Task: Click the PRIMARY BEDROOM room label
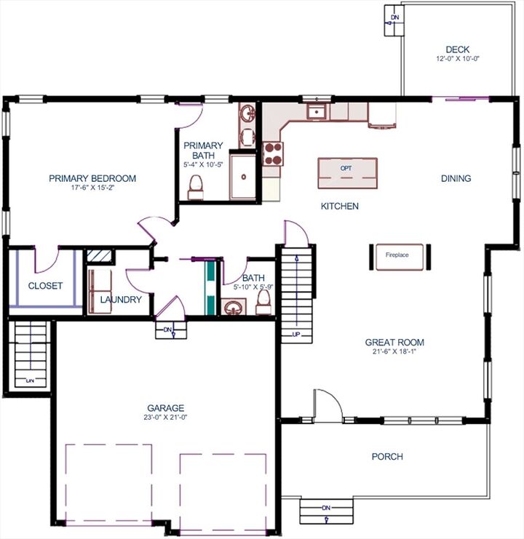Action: tap(92, 178)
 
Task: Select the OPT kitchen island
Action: tap(347, 172)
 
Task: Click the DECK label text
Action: tap(458, 49)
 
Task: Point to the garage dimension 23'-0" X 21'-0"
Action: tap(165, 418)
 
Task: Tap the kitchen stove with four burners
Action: tap(273, 153)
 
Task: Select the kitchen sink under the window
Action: tap(317, 111)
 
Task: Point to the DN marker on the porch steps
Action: tap(326, 507)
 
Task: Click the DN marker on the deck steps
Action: tap(394, 17)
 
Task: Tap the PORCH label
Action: tap(387, 457)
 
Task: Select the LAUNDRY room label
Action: tap(121, 300)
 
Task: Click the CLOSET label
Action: tap(45, 286)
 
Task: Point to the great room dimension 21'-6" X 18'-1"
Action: tap(394, 352)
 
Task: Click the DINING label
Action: tap(456, 178)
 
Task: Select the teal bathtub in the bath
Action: tap(210, 287)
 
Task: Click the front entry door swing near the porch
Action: tap(326, 404)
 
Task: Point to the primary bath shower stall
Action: tap(243, 175)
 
